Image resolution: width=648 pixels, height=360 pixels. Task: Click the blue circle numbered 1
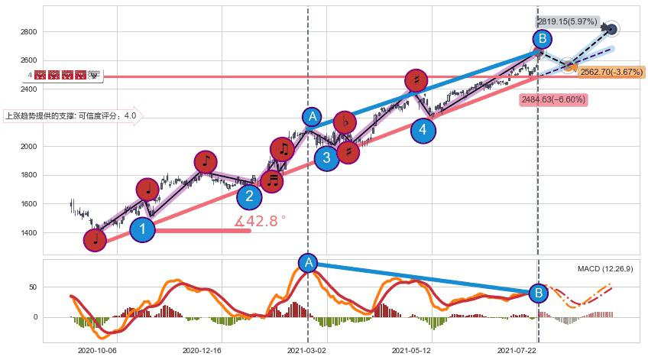click(x=142, y=229)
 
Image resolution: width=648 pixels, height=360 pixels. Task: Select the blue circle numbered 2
click(x=249, y=196)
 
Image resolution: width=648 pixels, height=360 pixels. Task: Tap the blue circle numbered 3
click(x=327, y=158)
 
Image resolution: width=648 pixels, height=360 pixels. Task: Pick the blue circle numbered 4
click(x=423, y=131)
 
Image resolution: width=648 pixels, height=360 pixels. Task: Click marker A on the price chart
click(x=312, y=117)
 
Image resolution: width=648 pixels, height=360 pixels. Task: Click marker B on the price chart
click(x=542, y=39)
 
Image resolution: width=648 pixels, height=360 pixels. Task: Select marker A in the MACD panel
click(x=308, y=263)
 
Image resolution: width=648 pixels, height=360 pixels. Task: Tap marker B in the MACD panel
click(x=539, y=293)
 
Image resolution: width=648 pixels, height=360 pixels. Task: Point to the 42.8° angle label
click(x=261, y=221)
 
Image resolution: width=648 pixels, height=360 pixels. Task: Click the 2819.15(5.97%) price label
click(x=566, y=21)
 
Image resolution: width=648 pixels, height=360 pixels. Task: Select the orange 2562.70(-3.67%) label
click(x=611, y=72)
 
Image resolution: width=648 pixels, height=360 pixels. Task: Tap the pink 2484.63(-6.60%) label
click(x=553, y=99)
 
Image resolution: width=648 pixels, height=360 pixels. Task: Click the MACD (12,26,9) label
click(x=605, y=269)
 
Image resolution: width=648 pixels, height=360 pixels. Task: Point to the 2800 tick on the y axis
click(x=31, y=32)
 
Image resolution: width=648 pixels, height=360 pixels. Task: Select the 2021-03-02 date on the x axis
click(x=306, y=351)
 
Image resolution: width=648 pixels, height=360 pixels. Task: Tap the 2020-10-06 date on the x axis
click(x=97, y=351)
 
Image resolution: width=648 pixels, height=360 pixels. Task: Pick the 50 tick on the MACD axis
click(x=35, y=287)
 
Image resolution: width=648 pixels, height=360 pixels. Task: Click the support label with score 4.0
click(x=72, y=117)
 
